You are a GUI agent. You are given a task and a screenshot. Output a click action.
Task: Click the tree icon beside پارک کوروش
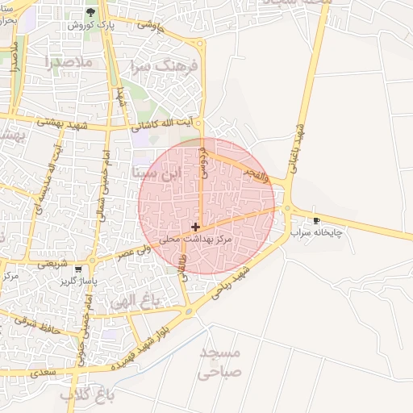coord(90,13)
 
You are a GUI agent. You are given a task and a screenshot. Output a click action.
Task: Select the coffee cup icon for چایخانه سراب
coord(316,219)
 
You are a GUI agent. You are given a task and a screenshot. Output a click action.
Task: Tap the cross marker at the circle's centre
coord(195,227)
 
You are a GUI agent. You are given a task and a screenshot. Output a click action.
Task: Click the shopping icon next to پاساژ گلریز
coord(77,269)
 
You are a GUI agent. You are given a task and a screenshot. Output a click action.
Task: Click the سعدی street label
coord(44,373)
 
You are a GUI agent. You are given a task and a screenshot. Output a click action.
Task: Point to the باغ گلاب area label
coord(89,394)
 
